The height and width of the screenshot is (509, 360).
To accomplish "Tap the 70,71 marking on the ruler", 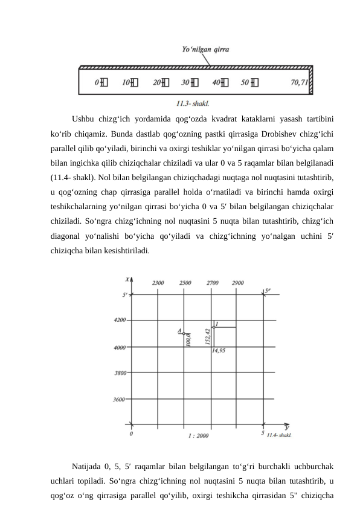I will click(300, 82).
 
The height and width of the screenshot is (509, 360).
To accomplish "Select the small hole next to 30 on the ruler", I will click(194, 82).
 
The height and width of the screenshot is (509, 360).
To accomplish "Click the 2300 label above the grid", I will click(158, 282).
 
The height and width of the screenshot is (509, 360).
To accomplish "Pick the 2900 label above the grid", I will click(237, 282).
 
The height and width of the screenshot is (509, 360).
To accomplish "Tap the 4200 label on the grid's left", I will click(120, 320).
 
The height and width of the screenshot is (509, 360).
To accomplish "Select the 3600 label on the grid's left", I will click(121, 400).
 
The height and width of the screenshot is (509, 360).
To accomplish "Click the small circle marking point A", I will click(184, 333).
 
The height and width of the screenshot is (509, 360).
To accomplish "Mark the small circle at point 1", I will click(214, 327).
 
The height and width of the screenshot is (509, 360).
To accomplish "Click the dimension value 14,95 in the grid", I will click(219, 351).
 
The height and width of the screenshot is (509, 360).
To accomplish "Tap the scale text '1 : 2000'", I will click(198, 435).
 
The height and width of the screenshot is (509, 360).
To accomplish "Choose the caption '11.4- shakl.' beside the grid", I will click(280, 435).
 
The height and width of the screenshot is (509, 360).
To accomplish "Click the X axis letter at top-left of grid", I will click(127, 279).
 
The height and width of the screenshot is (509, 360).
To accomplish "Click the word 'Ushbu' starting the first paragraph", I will click(83, 118).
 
